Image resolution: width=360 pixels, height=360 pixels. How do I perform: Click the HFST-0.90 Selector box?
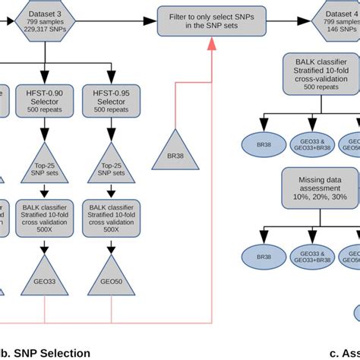click(44, 101)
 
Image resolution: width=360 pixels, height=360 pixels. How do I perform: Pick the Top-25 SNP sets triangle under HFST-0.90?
click(44, 166)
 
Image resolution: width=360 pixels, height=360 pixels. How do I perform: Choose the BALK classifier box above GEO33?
click(44, 219)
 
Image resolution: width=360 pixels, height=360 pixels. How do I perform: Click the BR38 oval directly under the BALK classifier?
click(264, 144)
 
